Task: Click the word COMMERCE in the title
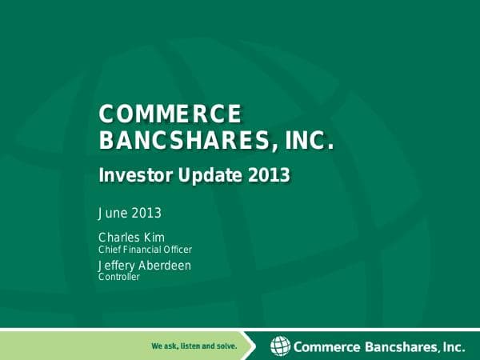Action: pos(169,114)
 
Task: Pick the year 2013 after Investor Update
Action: pos(266,175)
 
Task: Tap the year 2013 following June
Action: pos(146,213)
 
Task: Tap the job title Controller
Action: pos(118,278)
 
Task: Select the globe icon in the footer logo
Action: pos(280,346)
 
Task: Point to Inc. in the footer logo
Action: pos(454,347)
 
